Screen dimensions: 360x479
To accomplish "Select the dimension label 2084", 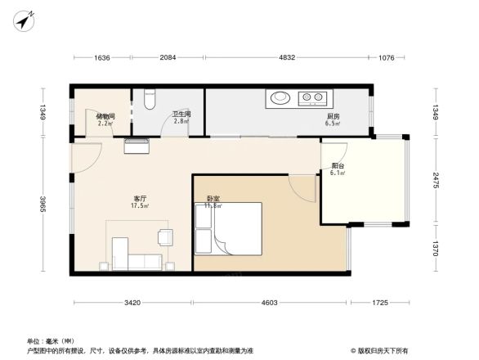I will coord(167,57).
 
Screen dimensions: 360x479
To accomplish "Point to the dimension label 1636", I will coord(102,57).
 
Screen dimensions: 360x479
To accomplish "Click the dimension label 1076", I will coord(387,57).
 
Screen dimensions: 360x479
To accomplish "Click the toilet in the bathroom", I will coord(148,98).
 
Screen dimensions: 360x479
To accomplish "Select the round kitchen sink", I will coord(280,98).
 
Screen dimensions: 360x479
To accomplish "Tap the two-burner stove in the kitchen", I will coord(312,98).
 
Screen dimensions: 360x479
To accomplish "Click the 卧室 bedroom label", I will coord(213,201).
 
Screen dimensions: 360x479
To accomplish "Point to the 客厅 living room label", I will coord(140,203).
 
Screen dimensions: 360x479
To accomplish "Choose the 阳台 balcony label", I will coord(337,169).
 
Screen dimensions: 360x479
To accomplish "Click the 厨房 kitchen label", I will coord(332,119).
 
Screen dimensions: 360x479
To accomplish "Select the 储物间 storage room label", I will coord(105,119).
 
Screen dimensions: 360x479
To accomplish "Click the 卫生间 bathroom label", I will coord(181,117).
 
